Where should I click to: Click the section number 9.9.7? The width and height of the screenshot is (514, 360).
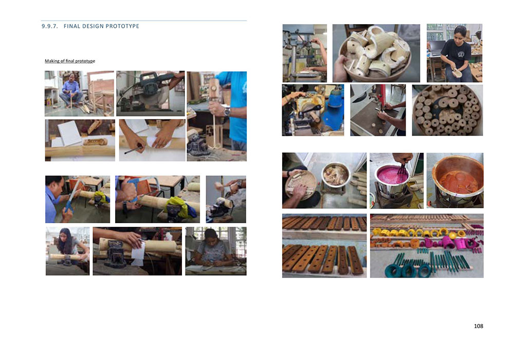tap(49, 26)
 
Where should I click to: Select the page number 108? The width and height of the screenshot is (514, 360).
tap(478, 326)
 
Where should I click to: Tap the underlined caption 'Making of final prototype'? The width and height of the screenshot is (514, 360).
tap(70, 61)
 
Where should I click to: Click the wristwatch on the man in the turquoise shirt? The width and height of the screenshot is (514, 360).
tap(227, 112)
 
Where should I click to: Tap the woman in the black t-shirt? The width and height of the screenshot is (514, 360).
tap(456, 54)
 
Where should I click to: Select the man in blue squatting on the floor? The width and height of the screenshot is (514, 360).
tap(70, 90)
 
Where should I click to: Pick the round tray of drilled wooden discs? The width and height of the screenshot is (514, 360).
tap(448, 110)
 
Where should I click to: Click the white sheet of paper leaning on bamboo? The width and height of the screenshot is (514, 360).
tap(69, 132)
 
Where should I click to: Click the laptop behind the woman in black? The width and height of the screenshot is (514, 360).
tap(436, 48)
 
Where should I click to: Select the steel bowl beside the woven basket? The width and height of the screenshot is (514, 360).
tap(336, 175)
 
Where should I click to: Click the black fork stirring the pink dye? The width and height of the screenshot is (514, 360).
tap(401, 168)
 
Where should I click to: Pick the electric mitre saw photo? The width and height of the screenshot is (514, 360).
tap(151, 94)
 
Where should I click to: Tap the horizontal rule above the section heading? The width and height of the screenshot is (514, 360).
tap(144, 21)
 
